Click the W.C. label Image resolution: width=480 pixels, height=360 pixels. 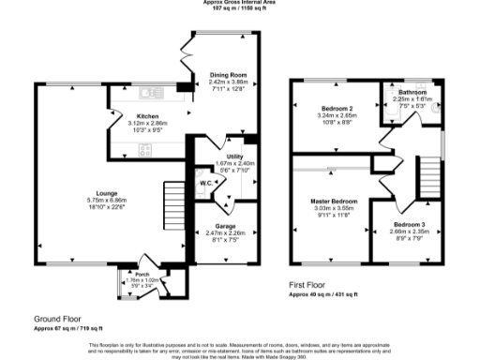(203, 183)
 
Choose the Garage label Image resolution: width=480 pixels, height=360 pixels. (225, 226)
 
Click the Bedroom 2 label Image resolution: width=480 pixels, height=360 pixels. (333, 110)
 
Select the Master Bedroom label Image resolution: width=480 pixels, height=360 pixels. (334, 202)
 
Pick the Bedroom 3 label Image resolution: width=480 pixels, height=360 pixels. (409, 225)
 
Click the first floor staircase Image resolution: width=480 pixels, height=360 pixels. (428, 174)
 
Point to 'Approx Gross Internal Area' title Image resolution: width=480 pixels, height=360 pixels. (240, 3)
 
